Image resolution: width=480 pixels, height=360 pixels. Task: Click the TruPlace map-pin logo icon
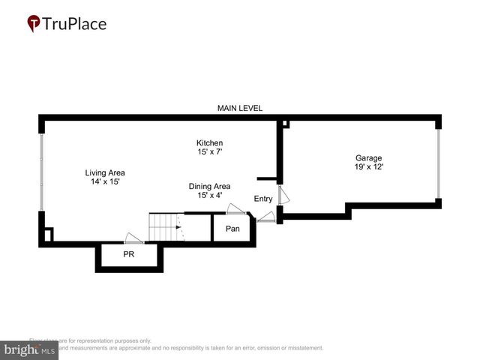click(34, 24)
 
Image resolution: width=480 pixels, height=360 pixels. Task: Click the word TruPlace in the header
click(74, 24)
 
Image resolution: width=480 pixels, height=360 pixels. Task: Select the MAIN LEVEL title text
click(240, 108)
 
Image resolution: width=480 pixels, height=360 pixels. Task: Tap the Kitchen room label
click(209, 142)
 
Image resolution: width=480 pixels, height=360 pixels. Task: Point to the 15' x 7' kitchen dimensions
click(209, 152)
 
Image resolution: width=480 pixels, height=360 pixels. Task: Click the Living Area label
click(104, 172)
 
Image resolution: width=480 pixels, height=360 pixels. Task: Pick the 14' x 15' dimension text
click(104, 181)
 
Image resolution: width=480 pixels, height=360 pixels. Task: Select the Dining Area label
click(209, 186)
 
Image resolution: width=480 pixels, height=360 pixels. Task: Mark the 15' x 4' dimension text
click(209, 196)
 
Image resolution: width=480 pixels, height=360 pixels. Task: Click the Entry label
click(263, 199)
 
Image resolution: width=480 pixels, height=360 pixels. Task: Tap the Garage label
click(368, 157)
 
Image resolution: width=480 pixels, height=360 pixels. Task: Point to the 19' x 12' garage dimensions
click(368, 167)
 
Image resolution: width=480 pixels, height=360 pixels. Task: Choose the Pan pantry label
click(232, 228)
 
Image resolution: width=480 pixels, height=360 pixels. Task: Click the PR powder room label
click(129, 254)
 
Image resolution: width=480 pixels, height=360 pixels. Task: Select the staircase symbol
click(166, 227)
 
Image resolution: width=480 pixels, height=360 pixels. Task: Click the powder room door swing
click(134, 239)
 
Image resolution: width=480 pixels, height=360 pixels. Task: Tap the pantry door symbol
click(235, 209)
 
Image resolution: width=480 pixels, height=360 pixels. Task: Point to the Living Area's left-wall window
click(41, 172)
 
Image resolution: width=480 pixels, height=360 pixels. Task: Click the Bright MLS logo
click(29, 349)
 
